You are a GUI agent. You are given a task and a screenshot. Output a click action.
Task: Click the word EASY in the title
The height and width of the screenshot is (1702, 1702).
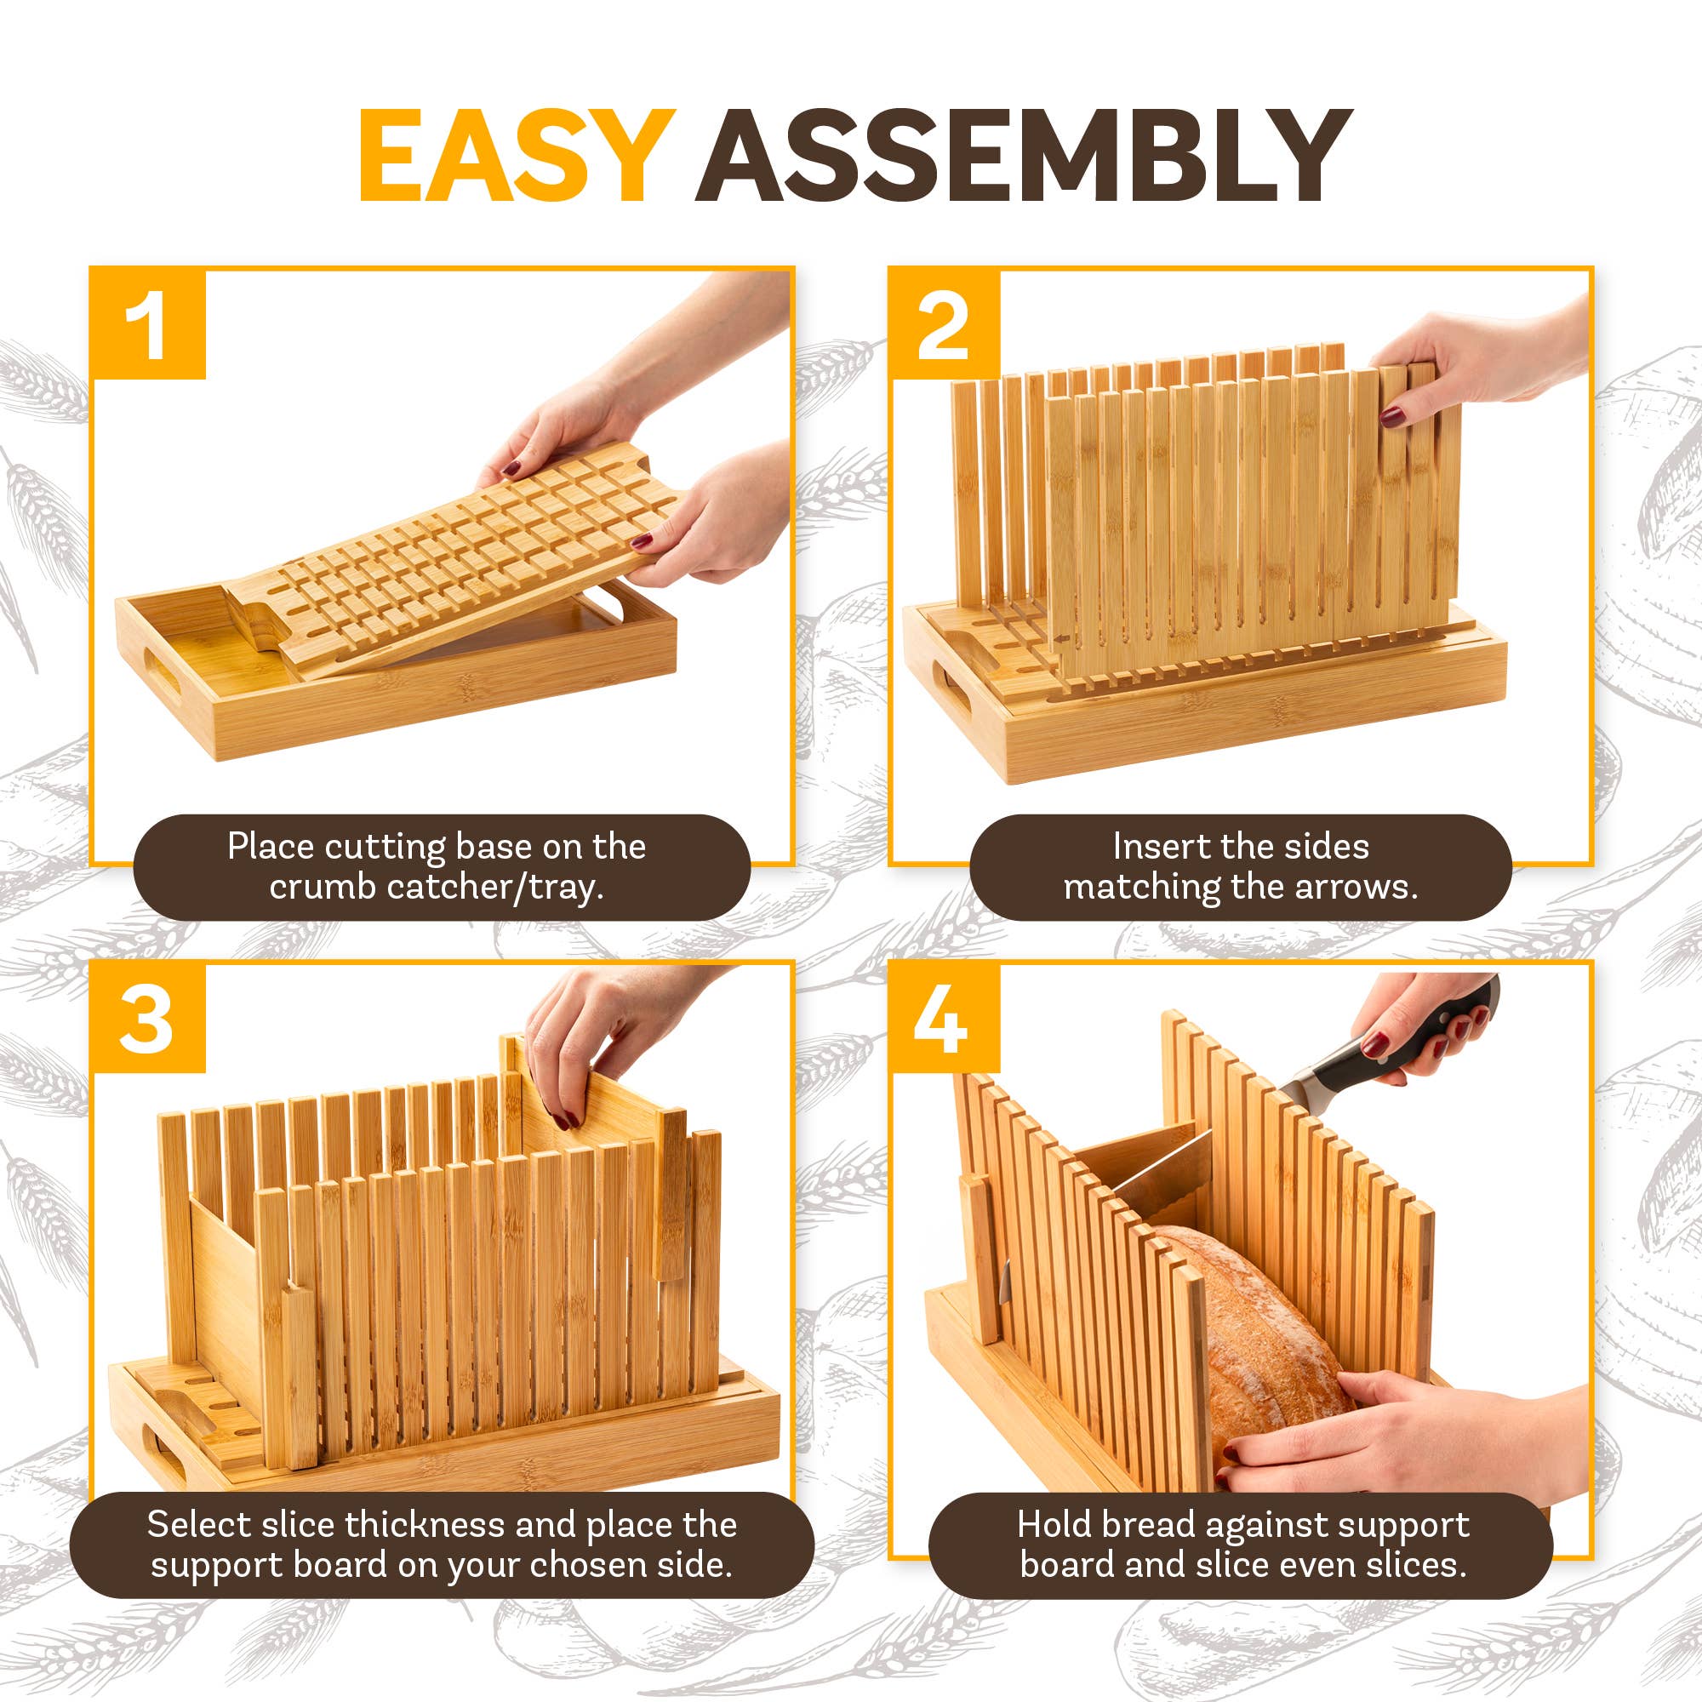[517, 157]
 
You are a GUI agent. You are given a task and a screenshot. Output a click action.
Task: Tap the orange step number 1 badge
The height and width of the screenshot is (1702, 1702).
[148, 323]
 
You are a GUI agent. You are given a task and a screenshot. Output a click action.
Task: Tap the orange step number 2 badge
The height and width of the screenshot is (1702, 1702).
[944, 323]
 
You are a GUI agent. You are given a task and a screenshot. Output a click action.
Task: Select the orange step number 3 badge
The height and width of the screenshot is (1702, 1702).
[148, 1019]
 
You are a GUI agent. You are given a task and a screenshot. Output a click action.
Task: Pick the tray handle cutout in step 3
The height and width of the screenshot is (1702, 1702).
[164, 1453]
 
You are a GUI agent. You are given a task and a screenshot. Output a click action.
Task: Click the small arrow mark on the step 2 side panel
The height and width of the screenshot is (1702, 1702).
[1063, 640]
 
